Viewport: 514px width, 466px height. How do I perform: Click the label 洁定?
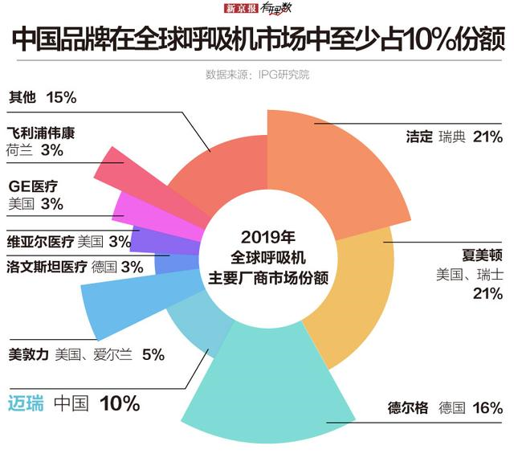click(x=420, y=137)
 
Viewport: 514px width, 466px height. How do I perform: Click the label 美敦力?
click(x=29, y=354)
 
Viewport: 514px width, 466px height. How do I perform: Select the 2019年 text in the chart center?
click(x=267, y=238)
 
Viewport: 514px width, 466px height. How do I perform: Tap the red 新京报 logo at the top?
click(x=240, y=9)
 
